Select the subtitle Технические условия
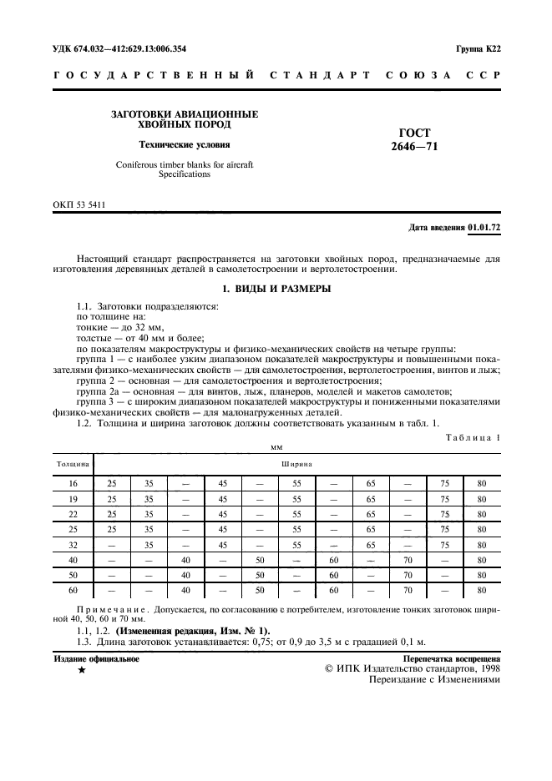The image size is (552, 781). point(184,144)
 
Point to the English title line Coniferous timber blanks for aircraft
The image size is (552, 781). point(184,164)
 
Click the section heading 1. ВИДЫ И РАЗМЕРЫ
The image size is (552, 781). point(276,289)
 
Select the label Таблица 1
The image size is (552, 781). point(474,437)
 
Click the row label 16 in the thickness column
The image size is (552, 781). point(73,484)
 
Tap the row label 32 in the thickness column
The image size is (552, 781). point(73,544)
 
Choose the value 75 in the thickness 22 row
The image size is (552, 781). point(445,514)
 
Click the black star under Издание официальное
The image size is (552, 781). point(82,670)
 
